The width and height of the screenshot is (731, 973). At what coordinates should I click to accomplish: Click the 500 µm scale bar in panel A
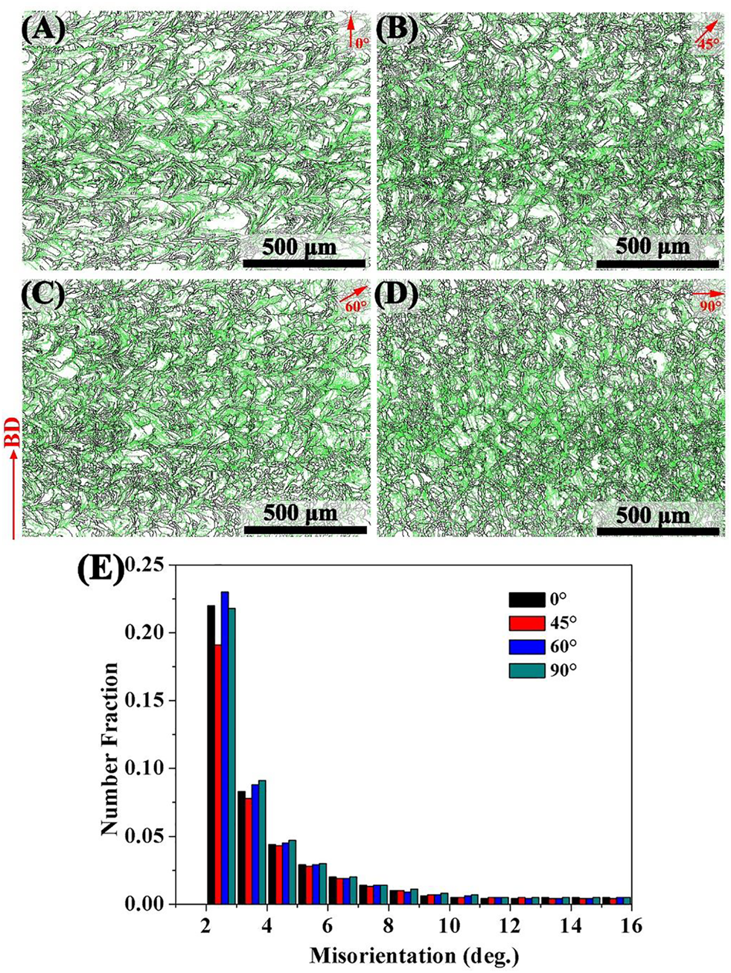click(x=304, y=263)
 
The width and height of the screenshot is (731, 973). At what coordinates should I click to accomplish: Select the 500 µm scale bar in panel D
click(x=658, y=531)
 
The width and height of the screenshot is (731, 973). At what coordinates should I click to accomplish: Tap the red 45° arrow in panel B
click(x=706, y=32)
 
